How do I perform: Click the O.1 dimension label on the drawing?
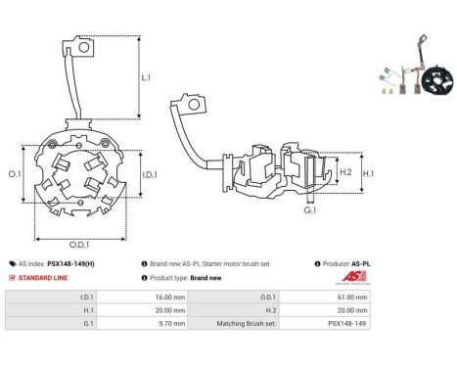pyautogui.click(x=15, y=173)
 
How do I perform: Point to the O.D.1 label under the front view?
pyautogui.click(x=79, y=244)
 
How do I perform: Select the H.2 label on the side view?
pyautogui.click(x=345, y=172)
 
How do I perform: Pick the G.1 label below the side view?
pyautogui.click(x=310, y=210)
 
